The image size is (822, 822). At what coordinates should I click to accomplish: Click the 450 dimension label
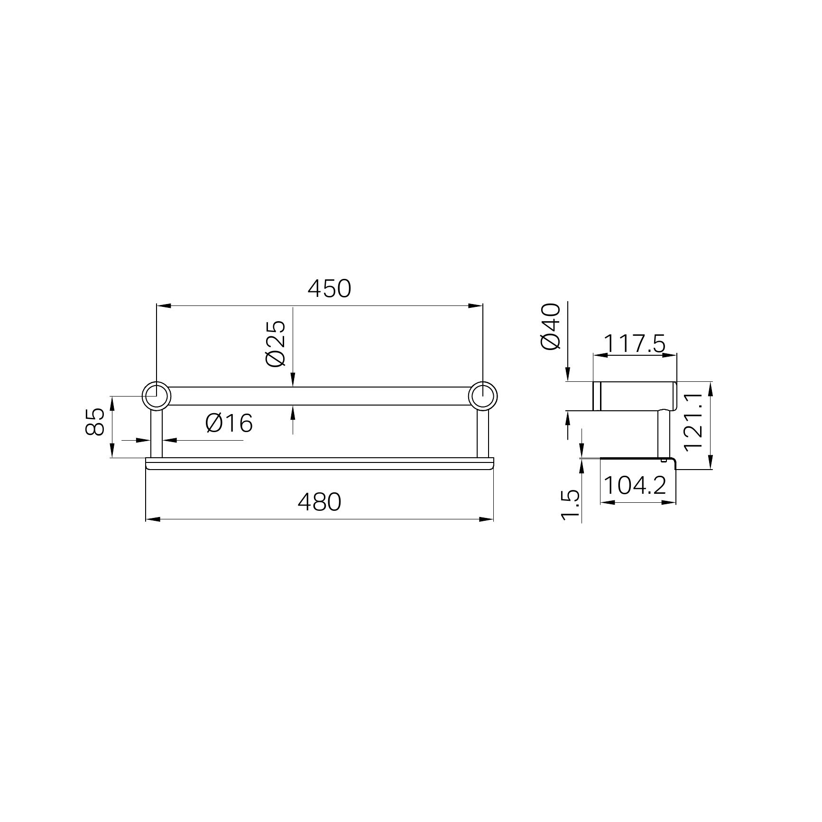[x=329, y=288]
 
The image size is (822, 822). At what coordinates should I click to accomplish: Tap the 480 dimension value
[x=319, y=502]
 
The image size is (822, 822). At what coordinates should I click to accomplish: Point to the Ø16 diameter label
[x=229, y=423]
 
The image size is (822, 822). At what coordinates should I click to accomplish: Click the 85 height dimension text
[x=95, y=421]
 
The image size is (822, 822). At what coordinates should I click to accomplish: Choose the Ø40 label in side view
[x=551, y=327]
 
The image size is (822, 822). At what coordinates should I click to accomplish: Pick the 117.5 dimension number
[x=635, y=343]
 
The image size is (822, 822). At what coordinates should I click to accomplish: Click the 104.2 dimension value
[x=635, y=485]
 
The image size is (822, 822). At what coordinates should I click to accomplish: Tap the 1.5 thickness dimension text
[x=571, y=505]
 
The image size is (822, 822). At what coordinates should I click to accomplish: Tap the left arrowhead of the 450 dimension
[x=163, y=306]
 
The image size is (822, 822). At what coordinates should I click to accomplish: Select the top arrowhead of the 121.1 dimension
[x=710, y=388]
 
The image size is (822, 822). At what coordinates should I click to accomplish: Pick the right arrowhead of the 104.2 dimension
[x=669, y=502]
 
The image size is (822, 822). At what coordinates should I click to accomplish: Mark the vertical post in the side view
[x=663, y=434]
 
